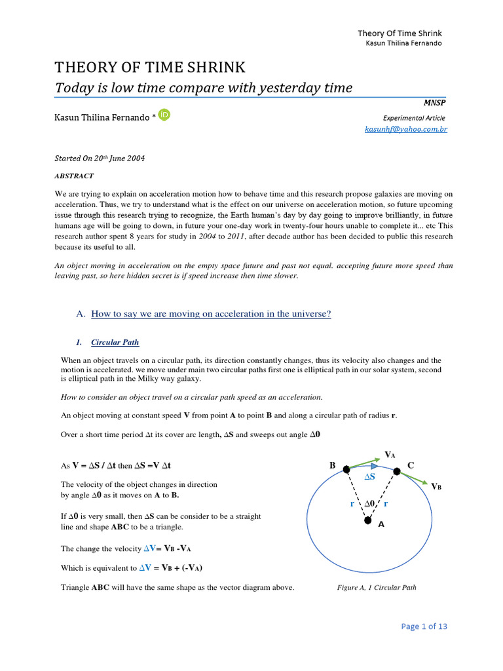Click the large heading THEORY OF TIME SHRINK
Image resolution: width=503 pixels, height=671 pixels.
[149, 67]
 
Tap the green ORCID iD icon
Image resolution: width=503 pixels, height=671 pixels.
[164, 115]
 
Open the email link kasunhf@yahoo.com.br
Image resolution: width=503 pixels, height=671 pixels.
[406, 130]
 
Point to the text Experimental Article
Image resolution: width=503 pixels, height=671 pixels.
[414, 118]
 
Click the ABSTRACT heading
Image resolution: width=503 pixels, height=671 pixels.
[73, 176]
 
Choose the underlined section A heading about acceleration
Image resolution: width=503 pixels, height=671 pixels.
[211, 314]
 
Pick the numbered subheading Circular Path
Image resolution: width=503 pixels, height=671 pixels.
[115, 342]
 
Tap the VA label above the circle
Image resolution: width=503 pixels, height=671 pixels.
[390, 455]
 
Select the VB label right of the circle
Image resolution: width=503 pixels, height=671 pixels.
[436, 486]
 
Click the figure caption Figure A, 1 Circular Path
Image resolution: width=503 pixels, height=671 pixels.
[376, 587]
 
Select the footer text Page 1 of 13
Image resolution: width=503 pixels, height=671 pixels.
[424, 626]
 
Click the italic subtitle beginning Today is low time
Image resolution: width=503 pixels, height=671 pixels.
[203, 88]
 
